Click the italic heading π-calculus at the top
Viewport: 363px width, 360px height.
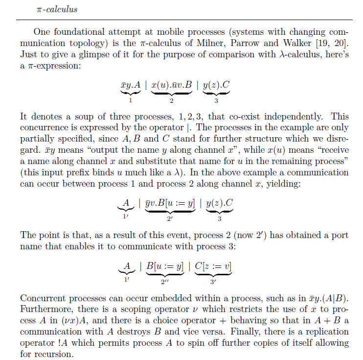[57, 9]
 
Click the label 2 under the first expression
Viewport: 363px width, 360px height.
[171, 101]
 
